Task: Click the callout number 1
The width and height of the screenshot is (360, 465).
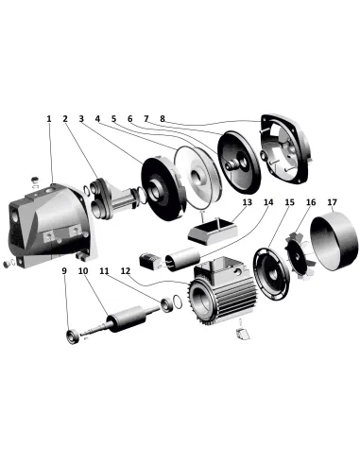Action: click(x=49, y=119)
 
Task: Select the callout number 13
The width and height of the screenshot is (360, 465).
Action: click(x=246, y=202)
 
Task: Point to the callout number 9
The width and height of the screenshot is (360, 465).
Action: click(x=63, y=271)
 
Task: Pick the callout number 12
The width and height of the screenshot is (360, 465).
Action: click(x=123, y=271)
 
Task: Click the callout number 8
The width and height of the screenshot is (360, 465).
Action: click(x=163, y=119)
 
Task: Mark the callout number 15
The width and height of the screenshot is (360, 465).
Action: click(x=290, y=202)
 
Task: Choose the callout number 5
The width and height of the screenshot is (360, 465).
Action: click(x=113, y=119)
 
